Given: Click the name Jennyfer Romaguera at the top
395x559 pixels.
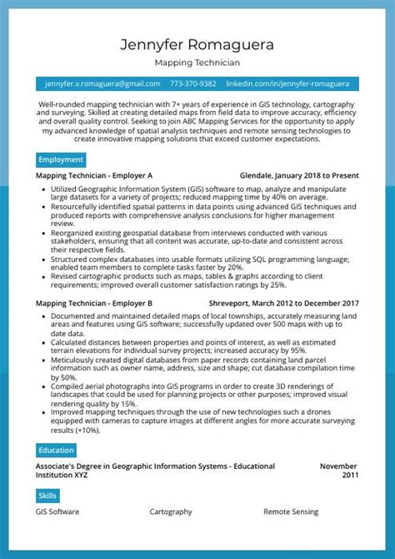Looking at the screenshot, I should (197, 43).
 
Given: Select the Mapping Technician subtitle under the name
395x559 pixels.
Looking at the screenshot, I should (197, 63).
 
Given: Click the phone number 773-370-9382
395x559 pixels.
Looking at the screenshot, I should (193, 84).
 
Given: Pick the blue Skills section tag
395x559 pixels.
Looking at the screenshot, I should (47, 496).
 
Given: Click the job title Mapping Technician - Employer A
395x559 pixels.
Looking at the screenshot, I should (94, 176).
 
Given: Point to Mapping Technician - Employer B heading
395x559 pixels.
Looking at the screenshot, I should (94, 303).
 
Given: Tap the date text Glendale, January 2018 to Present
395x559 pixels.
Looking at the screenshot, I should (299, 176).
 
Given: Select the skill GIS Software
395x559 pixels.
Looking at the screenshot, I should (58, 511).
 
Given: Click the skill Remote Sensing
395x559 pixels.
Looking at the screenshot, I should (292, 511).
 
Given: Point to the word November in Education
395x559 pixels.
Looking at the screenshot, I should (338, 466).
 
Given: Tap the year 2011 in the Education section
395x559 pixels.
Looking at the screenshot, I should (349, 476).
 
